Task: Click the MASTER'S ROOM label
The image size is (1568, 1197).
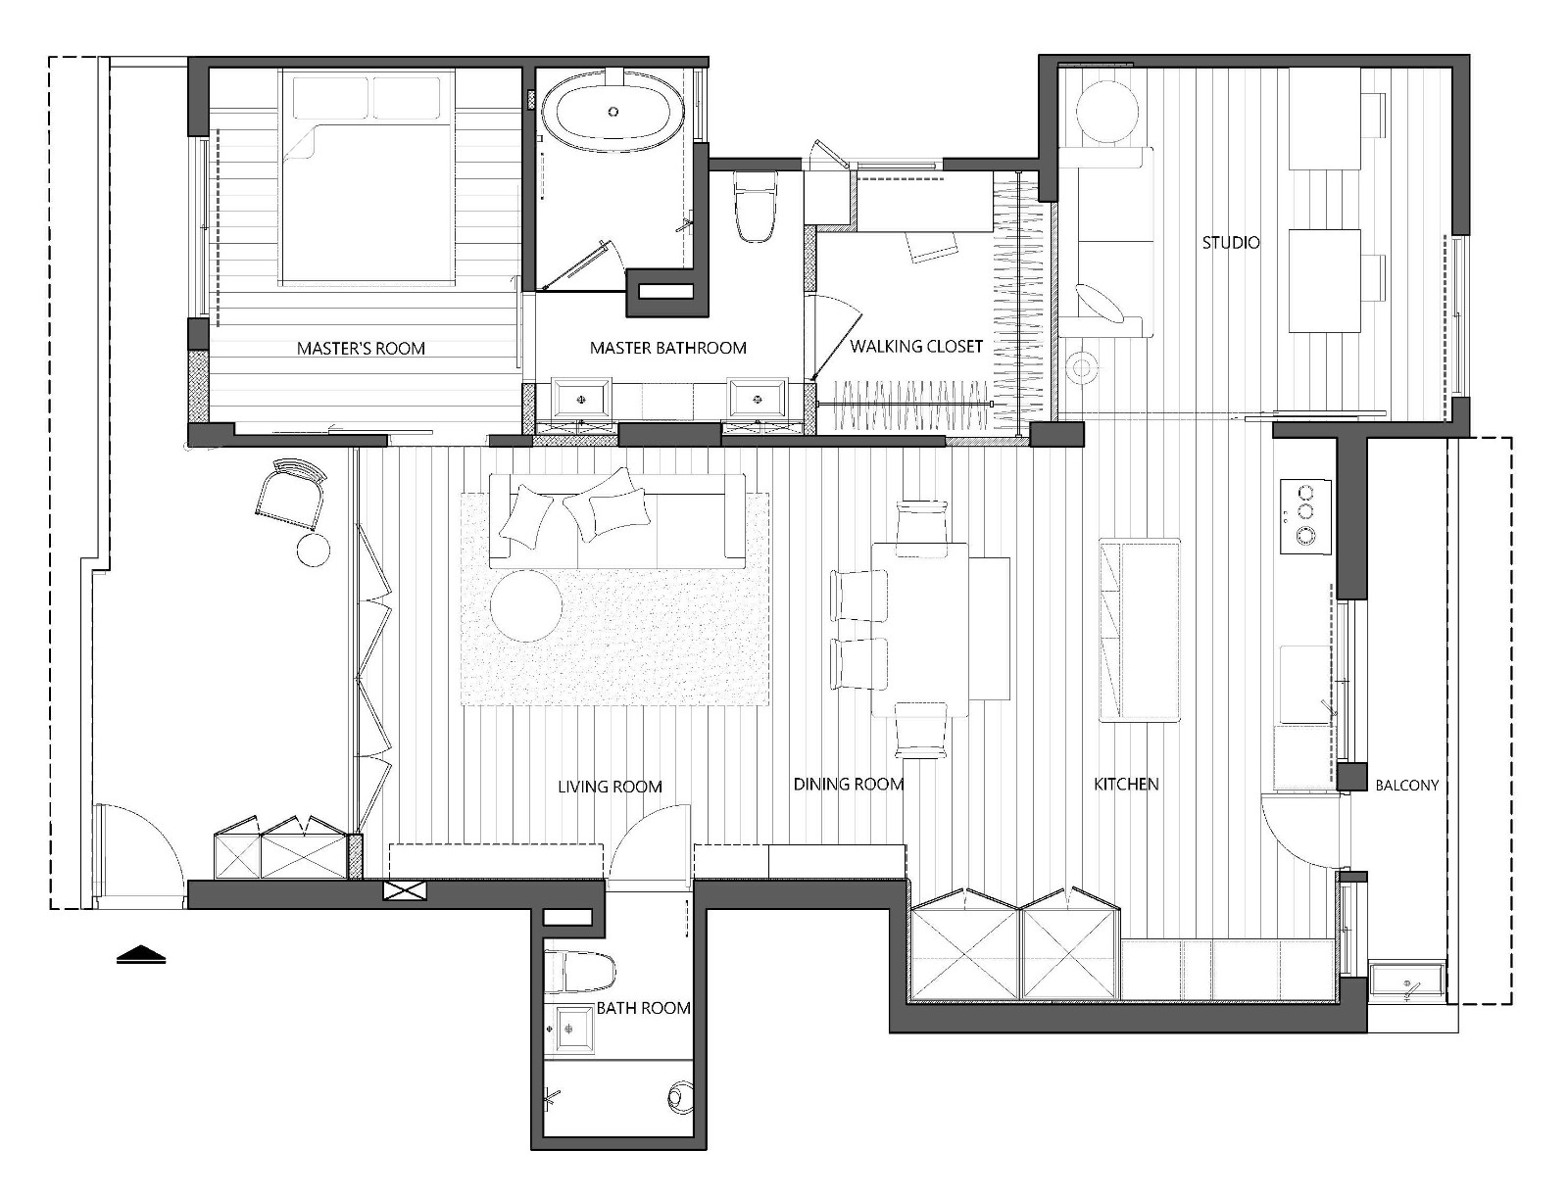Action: click(x=361, y=349)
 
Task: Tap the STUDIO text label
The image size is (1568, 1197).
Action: click(x=1230, y=243)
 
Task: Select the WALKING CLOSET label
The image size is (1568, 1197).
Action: click(x=915, y=346)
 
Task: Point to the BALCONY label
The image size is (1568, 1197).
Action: click(x=1406, y=786)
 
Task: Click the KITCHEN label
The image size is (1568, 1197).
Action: click(x=1126, y=784)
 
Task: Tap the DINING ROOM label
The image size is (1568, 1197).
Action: click(x=848, y=784)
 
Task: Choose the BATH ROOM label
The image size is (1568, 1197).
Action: click(x=644, y=1008)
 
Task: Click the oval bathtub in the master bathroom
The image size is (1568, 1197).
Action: click(x=612, y=112)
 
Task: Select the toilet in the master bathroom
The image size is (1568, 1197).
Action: click(x=755, y=207)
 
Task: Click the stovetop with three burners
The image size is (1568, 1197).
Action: click(x=1305, y=516)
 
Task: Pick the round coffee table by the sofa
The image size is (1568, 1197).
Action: click(x=525, y=605)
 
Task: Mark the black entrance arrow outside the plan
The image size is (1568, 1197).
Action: click(x=141, y=954)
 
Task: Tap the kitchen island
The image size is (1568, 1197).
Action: click(x=1139, y=631)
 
